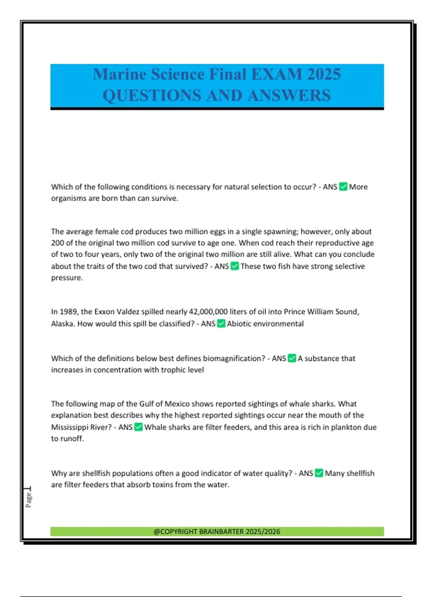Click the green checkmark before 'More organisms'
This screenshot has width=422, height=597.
[343, 187]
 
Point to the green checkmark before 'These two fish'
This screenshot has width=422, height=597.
[235, 266]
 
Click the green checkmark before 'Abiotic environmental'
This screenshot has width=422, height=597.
[221, 323]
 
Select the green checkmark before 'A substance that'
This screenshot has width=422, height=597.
[292, 358]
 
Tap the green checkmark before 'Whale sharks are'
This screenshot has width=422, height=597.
[139, 427]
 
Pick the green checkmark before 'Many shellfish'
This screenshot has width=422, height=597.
[319, 473]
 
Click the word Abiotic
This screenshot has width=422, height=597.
[239, 324]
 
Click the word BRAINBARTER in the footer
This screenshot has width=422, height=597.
[221, 532]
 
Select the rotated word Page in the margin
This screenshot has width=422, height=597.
[28, 500]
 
